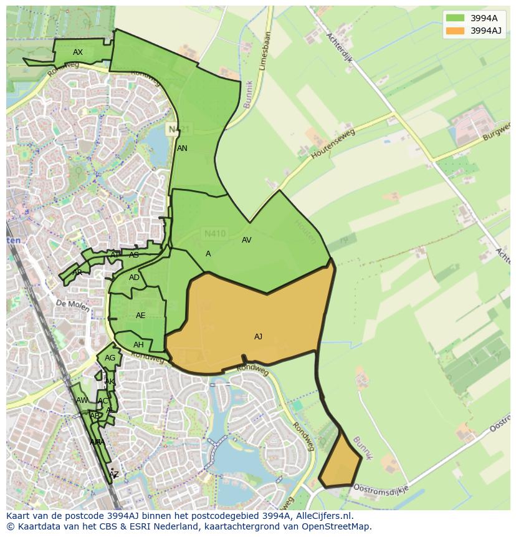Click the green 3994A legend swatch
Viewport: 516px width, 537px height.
point(455,18)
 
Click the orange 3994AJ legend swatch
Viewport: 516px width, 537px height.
point(455,30)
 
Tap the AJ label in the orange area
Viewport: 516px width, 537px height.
point(258,337)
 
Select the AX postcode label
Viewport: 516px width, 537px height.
point(78,52)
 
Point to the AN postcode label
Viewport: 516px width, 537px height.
point(182,148)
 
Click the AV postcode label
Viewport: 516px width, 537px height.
point(246,240)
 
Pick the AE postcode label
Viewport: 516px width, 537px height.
point(140,316)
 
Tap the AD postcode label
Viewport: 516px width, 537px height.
point(134,278)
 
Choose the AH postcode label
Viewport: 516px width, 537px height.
point(138,345)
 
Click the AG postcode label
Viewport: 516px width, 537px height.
point(110,358)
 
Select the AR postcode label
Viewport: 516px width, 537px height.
point(77,273)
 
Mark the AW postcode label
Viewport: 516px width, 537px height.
point(82,400)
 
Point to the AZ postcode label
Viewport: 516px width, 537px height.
point(113,475)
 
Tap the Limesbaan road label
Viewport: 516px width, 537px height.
point(264,51)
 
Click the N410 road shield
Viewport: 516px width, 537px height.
point(215,234)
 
